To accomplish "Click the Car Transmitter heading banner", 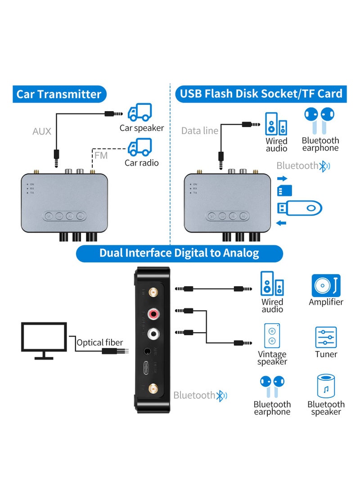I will tap(59, 94).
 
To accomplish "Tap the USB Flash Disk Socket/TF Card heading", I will tap(261, 94).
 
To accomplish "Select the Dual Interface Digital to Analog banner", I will tap(179, 253).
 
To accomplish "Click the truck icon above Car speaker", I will tap(140, 112).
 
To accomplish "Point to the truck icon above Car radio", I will tap(140, 147).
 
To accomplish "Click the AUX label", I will tap(42, 131).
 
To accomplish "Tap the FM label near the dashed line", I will tap(102, 156).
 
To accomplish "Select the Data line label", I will tap(200, 131).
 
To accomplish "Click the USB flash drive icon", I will tap(299, 208).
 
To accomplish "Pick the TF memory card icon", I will tap(283, 190).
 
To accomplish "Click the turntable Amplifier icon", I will tap(326, 285).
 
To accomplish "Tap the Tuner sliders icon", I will tap(326, 338).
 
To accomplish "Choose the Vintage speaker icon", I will tap(272, 336).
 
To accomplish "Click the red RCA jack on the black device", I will tap(153, 313).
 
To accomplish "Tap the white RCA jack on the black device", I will tap(153, 333).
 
